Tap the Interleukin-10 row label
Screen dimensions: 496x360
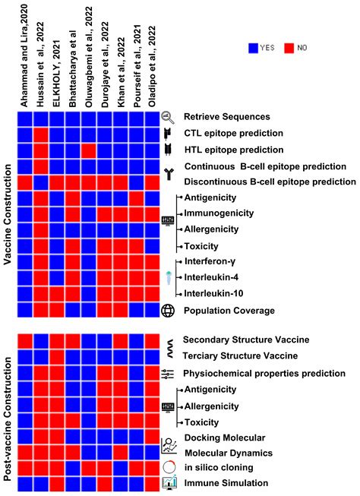pyautogui.click(x=214, y=293)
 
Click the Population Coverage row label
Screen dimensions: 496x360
pyautogui.click(x=229, y=310)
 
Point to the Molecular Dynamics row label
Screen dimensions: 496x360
pyautogui.click(x=233, y=453)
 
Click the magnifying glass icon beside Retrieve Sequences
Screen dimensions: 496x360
pyautogui.click(x=168, y=117)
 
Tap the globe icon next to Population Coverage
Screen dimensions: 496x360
pyautogui.click(x=168, y=310)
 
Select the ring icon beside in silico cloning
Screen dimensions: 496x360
pyautogui.click(x=169, y=466)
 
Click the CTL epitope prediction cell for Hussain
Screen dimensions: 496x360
pyautogui.click(x=40, y=134)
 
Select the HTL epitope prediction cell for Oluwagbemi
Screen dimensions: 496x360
pyautogui.click(x=88, y=150)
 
